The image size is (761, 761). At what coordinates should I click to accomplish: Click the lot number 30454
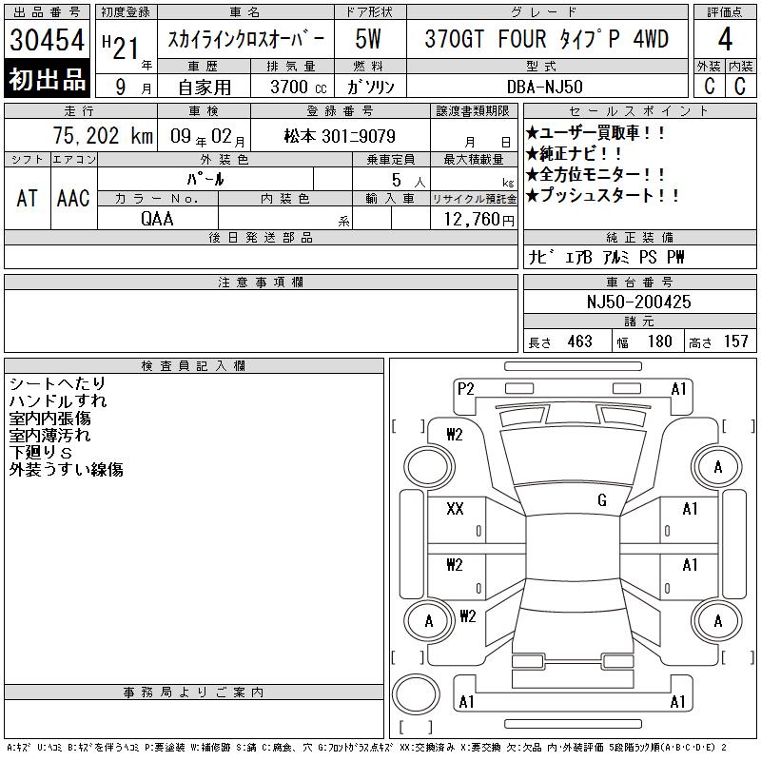[x=47, y=39]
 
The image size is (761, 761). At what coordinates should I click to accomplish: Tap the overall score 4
[x=725, y=39]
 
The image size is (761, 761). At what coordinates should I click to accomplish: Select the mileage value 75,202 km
[x=103, y=136]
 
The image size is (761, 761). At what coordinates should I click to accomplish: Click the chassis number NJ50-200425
[x=638, y=302]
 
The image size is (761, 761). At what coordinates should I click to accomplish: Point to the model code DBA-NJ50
[x=544, y=87]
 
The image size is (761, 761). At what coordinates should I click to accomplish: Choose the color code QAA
[x=157, y=219]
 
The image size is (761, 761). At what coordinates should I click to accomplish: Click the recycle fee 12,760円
[x=479, y=220]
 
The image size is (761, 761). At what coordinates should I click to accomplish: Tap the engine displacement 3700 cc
[x=299, y=87]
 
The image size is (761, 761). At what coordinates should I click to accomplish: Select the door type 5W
[x=368, y=39]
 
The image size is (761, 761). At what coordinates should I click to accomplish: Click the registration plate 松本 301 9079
[x=340, y=136]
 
